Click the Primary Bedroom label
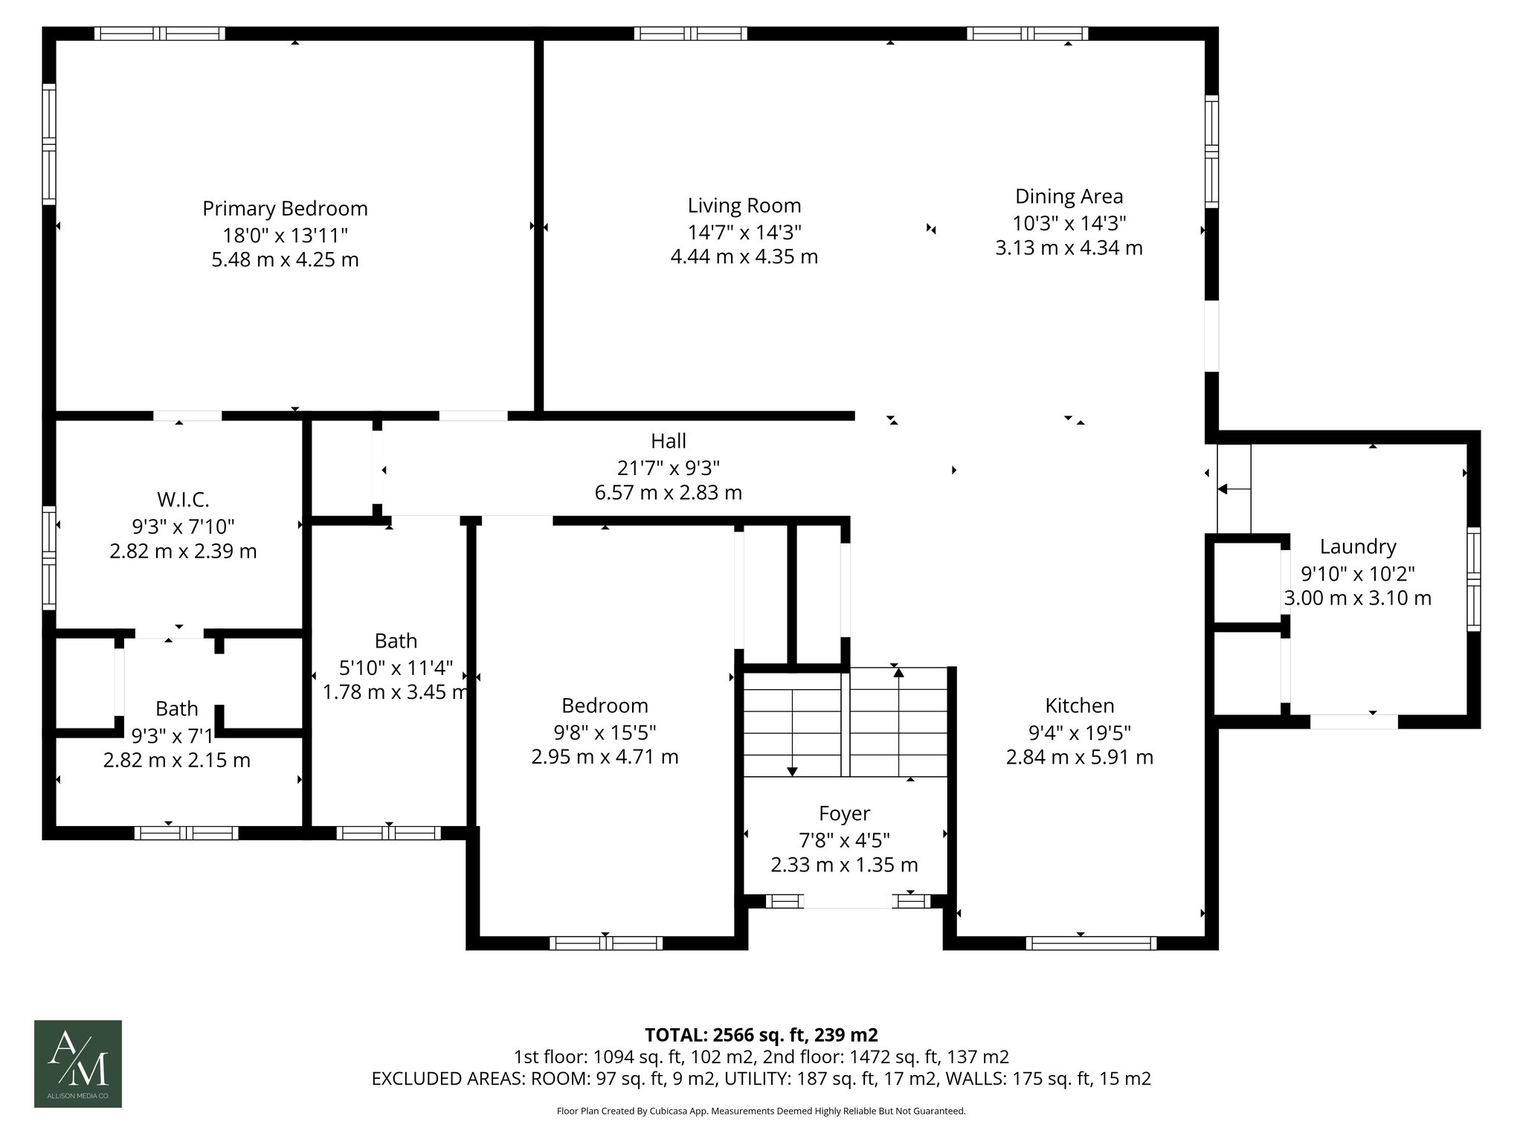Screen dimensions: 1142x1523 pos(285,208)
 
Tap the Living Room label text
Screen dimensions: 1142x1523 pos(744,205)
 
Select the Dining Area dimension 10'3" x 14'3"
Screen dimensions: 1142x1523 pos(1069,222)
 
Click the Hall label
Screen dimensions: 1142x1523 pos(668,441)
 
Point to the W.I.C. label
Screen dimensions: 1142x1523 pos(183,499)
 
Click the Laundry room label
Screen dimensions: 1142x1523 pos(1357,546)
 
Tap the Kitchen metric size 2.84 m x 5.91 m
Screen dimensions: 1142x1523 pos(1079,757)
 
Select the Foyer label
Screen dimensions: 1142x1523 pos(844,813)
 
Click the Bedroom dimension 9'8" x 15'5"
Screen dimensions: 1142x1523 pos(605,732)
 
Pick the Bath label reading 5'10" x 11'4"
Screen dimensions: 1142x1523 pos(396,667)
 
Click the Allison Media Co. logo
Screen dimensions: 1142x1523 pos(78,1063)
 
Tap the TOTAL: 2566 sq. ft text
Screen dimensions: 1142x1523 pos(761,1034)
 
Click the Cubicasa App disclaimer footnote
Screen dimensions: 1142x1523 pos(761,1111)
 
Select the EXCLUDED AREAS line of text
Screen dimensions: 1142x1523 pos(761,1078)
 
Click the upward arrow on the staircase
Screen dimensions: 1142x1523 pos(898,673)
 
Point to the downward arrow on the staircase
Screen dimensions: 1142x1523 pos(793,770)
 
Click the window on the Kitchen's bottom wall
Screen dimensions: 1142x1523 pos(1091,943)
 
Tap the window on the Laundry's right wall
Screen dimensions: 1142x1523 pos(1472,579)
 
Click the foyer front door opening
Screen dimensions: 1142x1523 pos(847,901)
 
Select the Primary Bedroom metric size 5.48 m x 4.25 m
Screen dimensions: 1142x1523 pos(285,259)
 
